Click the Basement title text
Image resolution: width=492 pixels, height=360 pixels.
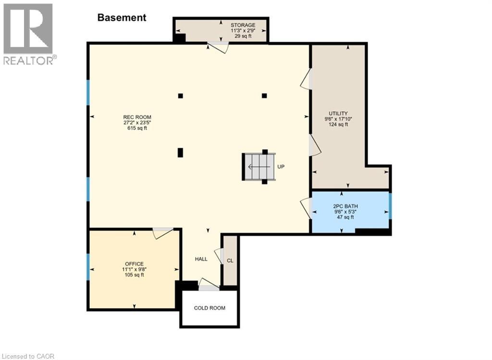(122, 18)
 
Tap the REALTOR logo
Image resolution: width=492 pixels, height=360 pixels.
(29, 34)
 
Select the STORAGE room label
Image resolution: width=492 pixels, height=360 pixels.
(243, 25)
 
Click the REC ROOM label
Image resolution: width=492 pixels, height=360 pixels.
(137, 117)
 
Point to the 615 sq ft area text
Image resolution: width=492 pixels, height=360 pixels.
(137, 128)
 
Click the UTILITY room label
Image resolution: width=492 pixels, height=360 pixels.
(338, 113)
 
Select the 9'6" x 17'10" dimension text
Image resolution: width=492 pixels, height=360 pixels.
(338, 119)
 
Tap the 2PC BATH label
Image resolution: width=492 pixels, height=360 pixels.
(345, 206)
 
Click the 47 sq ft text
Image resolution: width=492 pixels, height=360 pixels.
(345, 217)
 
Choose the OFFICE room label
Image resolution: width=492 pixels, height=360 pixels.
(135, 264)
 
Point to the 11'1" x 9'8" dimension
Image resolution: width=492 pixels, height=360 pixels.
(135, 269)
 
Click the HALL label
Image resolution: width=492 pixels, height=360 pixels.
(201, 259)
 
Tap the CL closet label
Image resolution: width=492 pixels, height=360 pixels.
(230, 261)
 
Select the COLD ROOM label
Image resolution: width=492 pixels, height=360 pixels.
(209, 308)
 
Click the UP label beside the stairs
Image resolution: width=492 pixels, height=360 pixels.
(281, 167)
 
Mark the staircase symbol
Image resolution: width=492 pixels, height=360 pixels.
(258, 167)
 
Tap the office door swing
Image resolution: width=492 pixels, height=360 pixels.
(162, 233)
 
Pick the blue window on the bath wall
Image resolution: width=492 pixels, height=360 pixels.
(390, 206)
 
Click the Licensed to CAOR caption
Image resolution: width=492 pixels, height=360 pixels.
(27, 356)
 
